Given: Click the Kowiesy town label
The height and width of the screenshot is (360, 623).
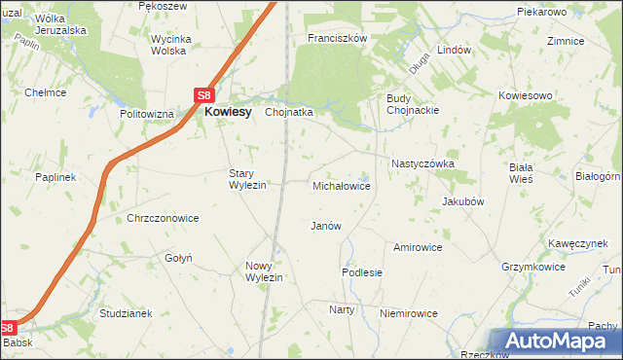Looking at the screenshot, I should pyautogui.click(x=228, y=112).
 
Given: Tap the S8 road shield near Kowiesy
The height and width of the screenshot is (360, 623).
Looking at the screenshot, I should pyautogui.click(x=203, y=95).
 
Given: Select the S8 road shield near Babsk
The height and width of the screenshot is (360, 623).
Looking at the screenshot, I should pyautogui.click(x=9, y=329).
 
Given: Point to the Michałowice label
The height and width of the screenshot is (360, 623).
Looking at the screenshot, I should pyautogui.click(x=341, y=185).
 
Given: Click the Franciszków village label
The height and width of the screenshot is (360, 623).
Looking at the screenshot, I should pyautogui.click(x=336, y=38).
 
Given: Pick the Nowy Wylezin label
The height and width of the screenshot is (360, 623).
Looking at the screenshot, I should pyautogui.click(x=264, y=271).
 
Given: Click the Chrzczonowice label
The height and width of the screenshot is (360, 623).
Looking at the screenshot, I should pyautogui.click(x=163, y=219).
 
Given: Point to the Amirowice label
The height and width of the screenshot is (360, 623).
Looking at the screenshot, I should pyautogui.click(x=418, y=247).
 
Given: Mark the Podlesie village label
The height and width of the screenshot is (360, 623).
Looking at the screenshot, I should pyautogui.click(x=362, y=273).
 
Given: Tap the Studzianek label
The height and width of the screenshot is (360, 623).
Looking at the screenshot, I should pyautogui.click(x=127, y=313).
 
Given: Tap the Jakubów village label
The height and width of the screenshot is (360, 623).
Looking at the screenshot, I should pyautogui.click(x=463, y=201).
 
